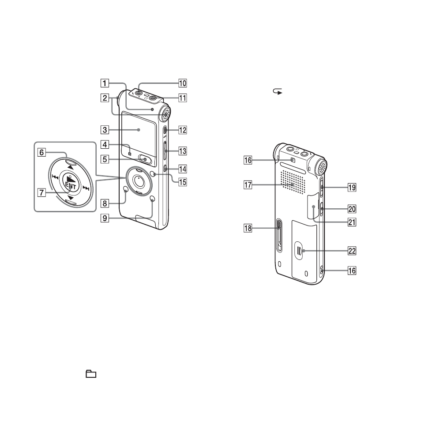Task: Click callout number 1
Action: click(x=105, y=83)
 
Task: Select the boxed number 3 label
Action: click(x=105, y=130)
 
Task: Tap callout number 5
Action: click(x=105, y=159)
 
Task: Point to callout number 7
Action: click(x=41, y=192)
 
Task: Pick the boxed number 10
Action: click(x=183, y=83)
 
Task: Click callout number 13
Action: click(x=183, y=151)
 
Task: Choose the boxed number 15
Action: click(x=183, y=182)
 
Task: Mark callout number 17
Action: click(x=248, y=185)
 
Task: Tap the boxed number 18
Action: click(x=248, y=228)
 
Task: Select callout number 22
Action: click(x=352, y=251)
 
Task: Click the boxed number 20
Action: click(x=352, y=209)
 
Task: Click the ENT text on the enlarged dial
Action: click(x=71, y=185)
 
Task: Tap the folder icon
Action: click(x=91, y=374)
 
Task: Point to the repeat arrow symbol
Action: click(x=278, y=91)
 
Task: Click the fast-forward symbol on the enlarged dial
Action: click(x=86, y=188)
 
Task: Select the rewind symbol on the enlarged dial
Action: click(x=55, y=177)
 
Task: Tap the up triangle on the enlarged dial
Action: click(x=70, y=167)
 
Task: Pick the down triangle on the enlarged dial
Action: click(x=71, y=198)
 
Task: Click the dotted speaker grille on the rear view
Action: click(x=293, y=182)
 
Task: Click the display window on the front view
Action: click(x=139, y=134)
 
